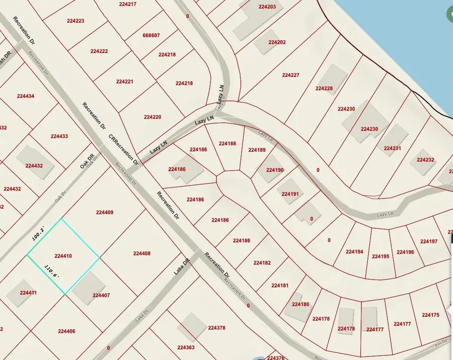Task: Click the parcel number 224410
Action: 63,256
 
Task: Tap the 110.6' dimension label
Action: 52,274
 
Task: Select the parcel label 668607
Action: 151,35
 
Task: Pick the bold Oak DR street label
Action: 87,162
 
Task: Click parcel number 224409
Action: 104,213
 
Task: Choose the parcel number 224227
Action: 290,75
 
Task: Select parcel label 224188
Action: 228,143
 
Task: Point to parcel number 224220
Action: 152,117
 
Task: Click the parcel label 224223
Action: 75,21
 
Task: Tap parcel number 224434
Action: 26,96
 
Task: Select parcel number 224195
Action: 381,256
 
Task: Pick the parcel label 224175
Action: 431,315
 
